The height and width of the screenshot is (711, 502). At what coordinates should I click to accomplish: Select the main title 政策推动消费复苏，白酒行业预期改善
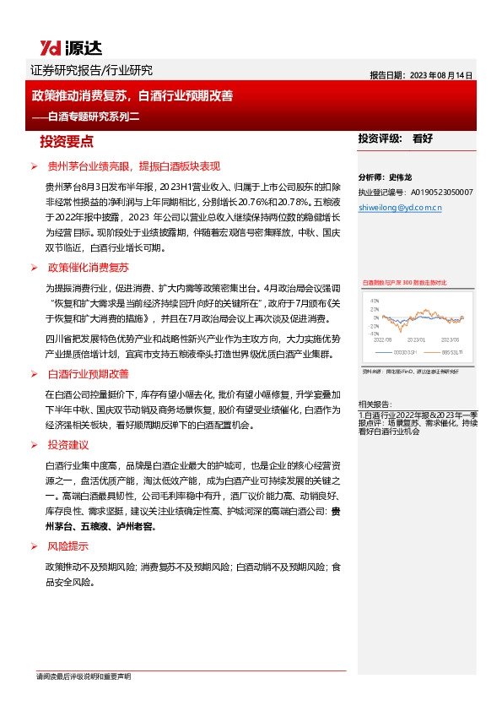tap(132, 96)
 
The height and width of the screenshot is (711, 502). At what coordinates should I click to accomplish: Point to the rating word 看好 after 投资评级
tap(422, 138)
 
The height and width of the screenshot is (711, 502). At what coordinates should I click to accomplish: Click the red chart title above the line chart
tap(404, 282)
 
